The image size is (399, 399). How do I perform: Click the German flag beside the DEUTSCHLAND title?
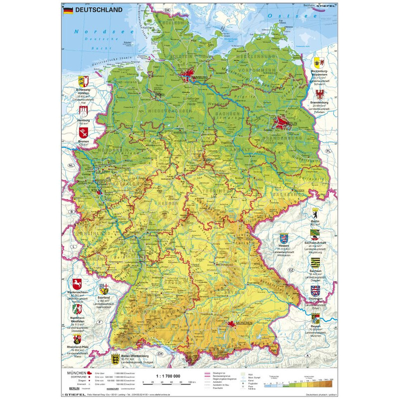67,9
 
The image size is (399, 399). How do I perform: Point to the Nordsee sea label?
90,31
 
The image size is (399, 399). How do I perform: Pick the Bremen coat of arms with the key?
84,133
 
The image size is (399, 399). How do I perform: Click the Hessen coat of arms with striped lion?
284,238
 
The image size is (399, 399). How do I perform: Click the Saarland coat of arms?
104,289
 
